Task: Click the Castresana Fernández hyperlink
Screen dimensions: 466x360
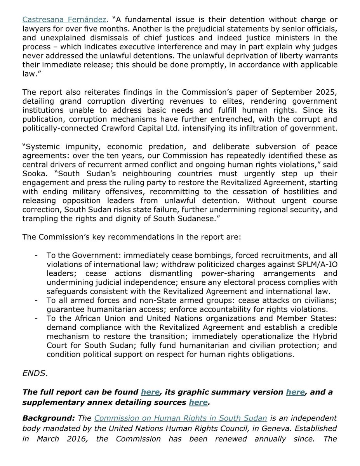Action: (x=64, y=19)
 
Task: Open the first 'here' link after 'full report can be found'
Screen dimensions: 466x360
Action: (x=150, y=392)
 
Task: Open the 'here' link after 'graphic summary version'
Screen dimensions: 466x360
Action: (x=295, y=392)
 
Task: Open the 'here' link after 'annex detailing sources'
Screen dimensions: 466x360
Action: (x=198, y=402)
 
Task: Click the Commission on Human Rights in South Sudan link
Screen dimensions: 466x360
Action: (x=181, y=418)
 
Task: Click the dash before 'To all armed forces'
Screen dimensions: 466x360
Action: (x=36, y=301)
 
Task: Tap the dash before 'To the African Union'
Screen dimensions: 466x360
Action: (x=36, y=319)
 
